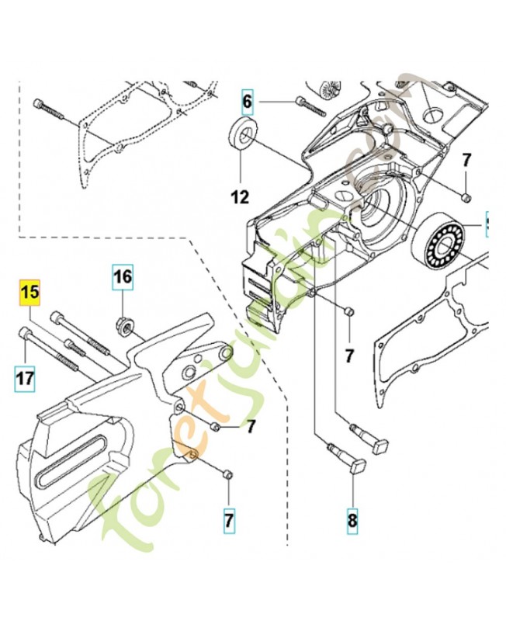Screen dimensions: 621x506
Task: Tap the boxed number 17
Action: click(25, 379)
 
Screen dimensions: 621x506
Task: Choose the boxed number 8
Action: click(352, 521)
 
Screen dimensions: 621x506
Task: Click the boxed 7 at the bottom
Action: click(229, 521)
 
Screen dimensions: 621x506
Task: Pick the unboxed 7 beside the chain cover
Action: click(251, 425)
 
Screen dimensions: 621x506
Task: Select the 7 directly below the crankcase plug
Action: click(349, 356)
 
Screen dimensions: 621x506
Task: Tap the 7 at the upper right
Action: click(466, 161)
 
